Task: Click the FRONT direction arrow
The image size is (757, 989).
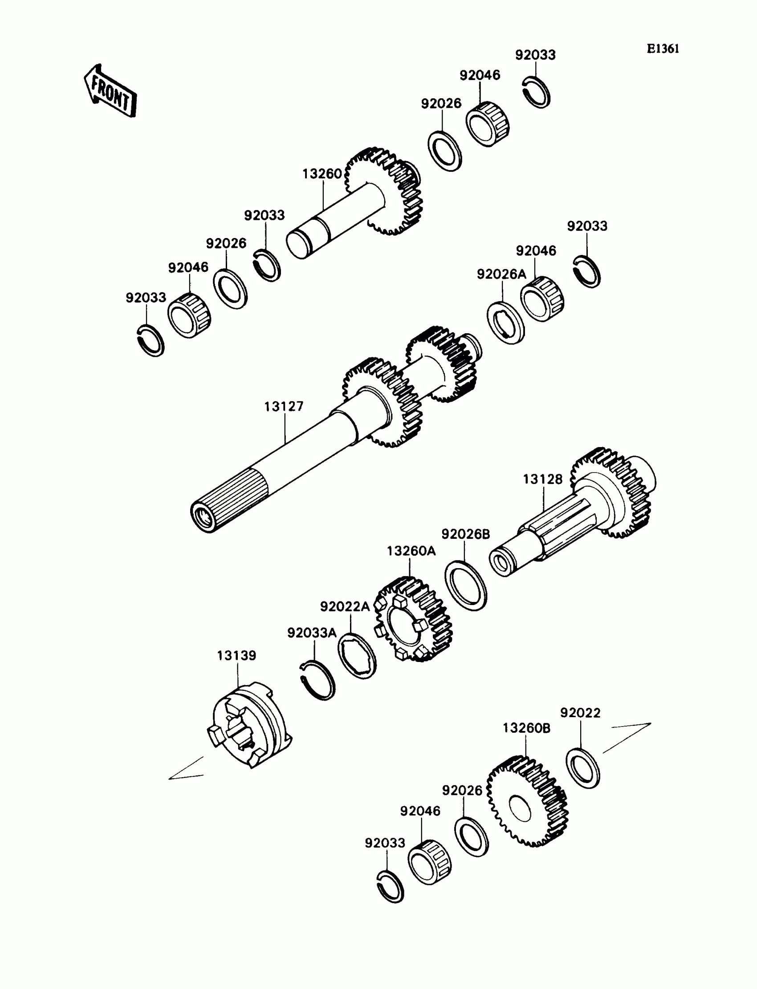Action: tap(110, 91)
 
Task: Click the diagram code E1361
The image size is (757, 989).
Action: tap(663, 49)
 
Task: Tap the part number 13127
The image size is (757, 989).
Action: tap(284, 407)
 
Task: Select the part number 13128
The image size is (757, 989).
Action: tap(542, 480)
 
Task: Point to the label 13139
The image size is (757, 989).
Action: tap(236, 655)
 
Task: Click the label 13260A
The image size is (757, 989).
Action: tap(411, 551)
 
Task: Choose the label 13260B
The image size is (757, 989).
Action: tap(526, 728)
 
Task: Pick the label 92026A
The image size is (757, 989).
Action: tap(501, 274)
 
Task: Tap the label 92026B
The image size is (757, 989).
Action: tap(465, 534)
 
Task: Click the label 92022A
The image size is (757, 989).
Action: tap(345, 607)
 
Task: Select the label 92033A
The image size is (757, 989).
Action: tap(312, 633)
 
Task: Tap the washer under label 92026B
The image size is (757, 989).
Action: tap(466, 585)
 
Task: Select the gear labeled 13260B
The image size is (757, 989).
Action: tap(527, 801)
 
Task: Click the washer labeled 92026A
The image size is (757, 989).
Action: tap(505, 323)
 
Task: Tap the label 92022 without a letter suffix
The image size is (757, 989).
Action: tap(580, 713)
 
